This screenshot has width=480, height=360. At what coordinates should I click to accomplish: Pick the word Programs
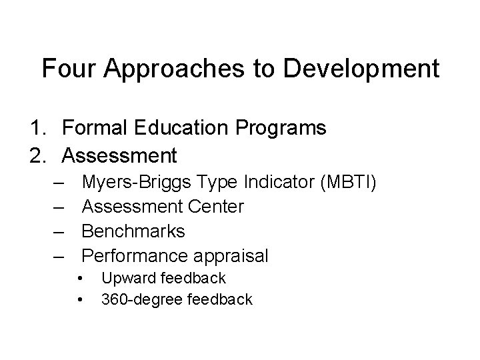tap(285, 128)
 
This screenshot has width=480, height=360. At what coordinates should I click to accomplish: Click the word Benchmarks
tap(133, 231)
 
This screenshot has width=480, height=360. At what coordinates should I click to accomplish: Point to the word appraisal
tap(230, 255)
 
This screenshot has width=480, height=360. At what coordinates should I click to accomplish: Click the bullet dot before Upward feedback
tap(80, 278)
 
